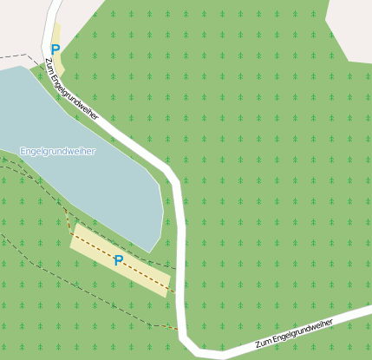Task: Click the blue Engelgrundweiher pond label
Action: [x=58, y=151]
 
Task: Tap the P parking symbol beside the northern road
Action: [x=55, y=50]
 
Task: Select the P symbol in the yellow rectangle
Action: [x=119, y=259]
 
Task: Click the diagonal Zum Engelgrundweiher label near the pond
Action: [x=71, y=88]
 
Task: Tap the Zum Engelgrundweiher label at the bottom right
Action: [x=295, y=334]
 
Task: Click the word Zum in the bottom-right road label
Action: [x=263, y=344]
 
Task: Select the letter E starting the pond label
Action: [x=23, y=151]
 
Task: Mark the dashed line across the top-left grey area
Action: [x=17, y=56]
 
